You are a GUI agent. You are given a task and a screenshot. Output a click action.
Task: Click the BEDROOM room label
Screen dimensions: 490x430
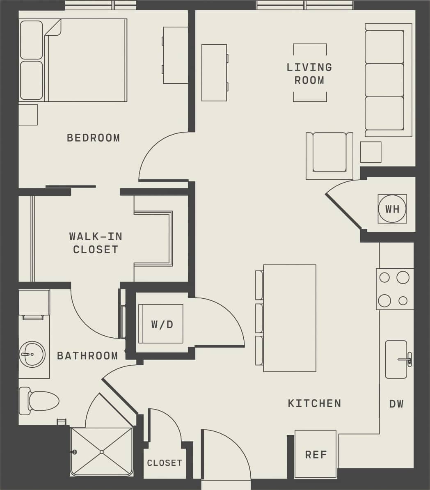(93, 137)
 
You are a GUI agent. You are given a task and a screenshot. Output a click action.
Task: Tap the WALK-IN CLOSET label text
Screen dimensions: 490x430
(96, 243)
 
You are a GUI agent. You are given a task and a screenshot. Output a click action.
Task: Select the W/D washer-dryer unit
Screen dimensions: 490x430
(161, 324)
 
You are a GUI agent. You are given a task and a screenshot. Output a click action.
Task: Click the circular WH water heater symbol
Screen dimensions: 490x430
(392, 209)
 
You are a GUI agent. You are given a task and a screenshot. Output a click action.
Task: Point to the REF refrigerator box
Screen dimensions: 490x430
(316, 454)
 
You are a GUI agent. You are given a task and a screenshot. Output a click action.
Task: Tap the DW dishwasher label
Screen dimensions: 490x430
(396, 404)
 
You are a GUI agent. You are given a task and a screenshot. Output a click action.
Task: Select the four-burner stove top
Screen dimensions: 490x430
(394, 289)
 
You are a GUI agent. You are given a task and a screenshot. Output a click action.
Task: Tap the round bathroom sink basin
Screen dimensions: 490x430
(32, 354)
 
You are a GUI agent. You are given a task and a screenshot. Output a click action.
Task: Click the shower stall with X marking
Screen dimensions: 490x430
(101, 451)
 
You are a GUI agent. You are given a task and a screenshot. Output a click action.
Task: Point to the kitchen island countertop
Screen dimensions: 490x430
(289, 318)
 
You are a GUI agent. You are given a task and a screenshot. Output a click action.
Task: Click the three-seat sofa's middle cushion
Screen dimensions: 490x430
(384, 80)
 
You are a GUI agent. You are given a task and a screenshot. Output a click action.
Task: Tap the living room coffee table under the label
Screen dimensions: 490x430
(310, 73)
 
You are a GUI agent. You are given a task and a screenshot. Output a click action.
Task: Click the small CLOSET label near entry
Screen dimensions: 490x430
(164, 463)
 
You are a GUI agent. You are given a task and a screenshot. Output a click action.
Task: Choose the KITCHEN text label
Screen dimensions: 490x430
(314, 403)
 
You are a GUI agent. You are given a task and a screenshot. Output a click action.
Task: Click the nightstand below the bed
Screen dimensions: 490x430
(28, 114)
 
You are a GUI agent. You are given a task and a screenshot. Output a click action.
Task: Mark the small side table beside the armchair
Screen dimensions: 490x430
(371, 152)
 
